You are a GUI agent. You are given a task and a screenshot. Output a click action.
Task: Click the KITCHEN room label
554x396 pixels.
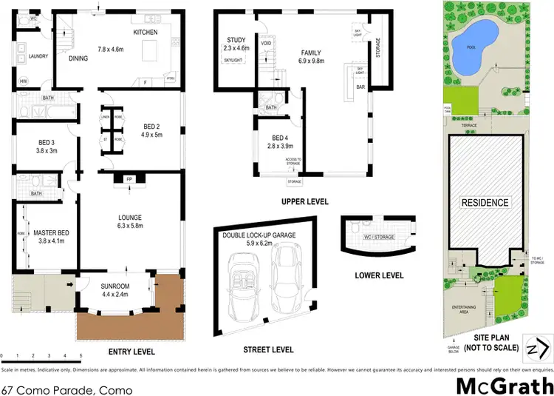145,33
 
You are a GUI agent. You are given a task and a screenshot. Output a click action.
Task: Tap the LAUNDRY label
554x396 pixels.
38,56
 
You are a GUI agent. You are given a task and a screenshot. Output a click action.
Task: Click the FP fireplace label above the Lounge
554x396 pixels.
119,178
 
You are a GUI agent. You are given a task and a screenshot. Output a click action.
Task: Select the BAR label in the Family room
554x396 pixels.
361,87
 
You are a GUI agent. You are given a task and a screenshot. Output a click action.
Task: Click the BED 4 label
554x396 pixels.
279,138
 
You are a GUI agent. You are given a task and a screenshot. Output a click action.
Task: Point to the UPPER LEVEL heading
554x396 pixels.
304,201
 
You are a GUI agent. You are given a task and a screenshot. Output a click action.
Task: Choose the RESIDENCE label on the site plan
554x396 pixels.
485,202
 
